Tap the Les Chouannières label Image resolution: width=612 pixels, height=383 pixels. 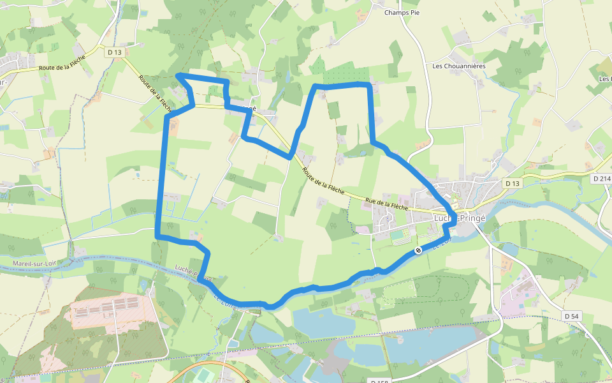[x=458, y=66]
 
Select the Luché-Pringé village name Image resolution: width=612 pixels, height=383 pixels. [x=459, y=217]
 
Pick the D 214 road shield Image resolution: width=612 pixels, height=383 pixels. [x=601, y=178]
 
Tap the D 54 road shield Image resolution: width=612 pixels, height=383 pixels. [x=572, y=316]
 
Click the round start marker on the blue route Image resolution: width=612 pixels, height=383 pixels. [x=418, y=250]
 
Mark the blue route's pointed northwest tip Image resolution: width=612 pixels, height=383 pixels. [x=177, y=76]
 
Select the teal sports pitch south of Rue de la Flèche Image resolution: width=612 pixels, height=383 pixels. [x=398, y=235]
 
